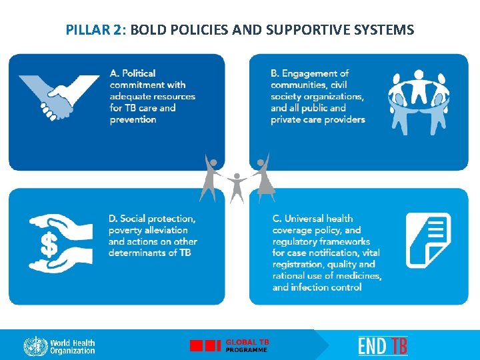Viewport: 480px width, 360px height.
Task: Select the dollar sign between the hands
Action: pyautogui.click(x=49, y=244)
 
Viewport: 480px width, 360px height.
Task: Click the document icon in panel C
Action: pyautogui.click(x=428, y=240)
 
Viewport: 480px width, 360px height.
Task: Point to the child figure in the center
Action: pyautogui.click(x=236, y=186)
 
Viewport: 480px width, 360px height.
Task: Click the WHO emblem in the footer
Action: pyautogui.click(x=35, y=346)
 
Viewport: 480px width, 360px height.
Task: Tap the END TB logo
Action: pyautogui.click(x=383, y=345)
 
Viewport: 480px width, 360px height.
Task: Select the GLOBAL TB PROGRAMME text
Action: pyautogui.click(x=247, y=345)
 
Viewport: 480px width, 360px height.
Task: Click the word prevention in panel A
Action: pyautogui.click(x=133, y=120)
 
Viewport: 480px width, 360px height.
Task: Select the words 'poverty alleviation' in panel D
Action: pyautogui.click(x=148, y=230)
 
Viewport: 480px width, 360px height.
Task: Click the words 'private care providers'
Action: pyautogui.click(x=318, y=120)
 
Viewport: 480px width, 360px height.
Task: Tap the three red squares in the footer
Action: pyautogui.click(x=205, y=345)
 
